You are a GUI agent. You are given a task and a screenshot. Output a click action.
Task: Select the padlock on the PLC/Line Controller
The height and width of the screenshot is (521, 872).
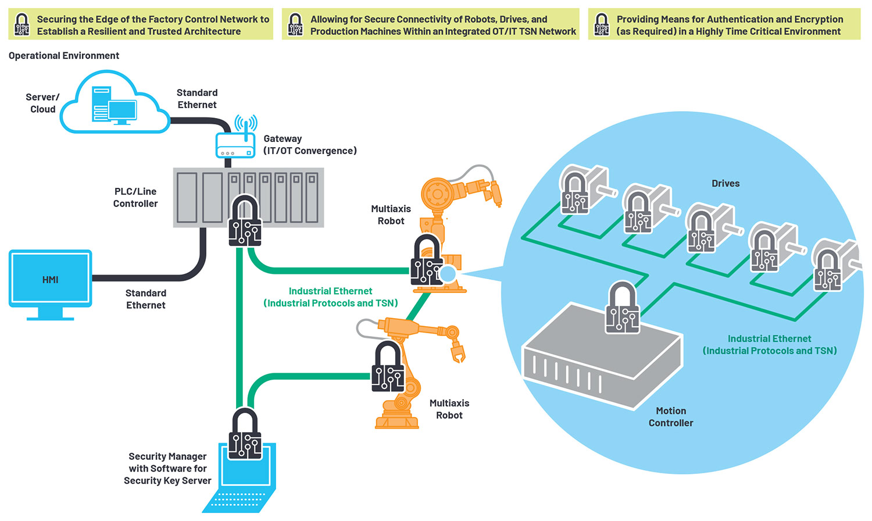[x=245, y=221]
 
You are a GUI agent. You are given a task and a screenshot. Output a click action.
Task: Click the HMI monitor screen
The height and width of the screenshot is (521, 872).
[x=51, y=279]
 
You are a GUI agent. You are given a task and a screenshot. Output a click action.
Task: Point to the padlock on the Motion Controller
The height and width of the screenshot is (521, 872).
[x=623, y=308]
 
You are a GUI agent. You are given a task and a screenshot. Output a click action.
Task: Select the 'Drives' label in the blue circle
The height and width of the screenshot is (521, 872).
[x=726, y=184]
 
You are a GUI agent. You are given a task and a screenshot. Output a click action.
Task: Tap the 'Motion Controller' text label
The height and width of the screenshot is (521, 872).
[x=671, y=417]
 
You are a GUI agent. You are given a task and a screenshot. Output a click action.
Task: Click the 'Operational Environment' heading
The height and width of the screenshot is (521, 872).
[x=64, y=56]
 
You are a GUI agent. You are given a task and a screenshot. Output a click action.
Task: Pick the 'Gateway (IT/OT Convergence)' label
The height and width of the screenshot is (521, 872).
[x=309, y=145]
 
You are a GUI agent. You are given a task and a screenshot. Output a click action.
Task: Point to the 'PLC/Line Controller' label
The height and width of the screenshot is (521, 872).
[x=135, y=198]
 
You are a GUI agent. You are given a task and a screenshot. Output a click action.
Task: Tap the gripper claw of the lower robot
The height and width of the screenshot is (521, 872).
[x=458, y=351]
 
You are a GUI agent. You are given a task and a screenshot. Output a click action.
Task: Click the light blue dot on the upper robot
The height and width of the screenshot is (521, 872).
[x=448, y=273]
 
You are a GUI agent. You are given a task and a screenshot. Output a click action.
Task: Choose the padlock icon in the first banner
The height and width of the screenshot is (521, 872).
[x=22, y=24]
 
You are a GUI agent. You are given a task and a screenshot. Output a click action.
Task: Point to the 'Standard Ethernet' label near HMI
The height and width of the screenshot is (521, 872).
[x=146, y=299]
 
